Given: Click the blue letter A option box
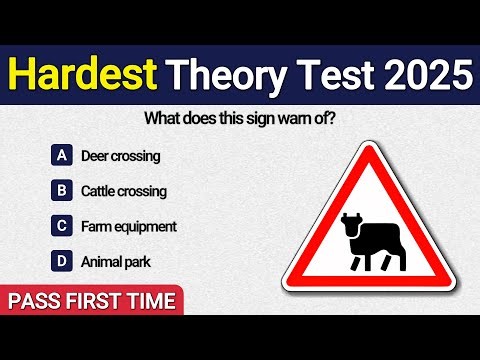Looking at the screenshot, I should pos(62,155).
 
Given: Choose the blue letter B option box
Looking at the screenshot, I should pos(62,190).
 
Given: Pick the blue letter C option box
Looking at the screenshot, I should pos(62,226).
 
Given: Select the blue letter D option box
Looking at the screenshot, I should pos(62,262).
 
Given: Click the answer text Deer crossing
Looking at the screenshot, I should pos(120,156).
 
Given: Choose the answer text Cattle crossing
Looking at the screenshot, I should pos(124,191).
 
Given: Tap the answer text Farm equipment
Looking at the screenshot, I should pos(129,227).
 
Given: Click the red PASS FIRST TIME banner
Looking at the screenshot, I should pos(92,300).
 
